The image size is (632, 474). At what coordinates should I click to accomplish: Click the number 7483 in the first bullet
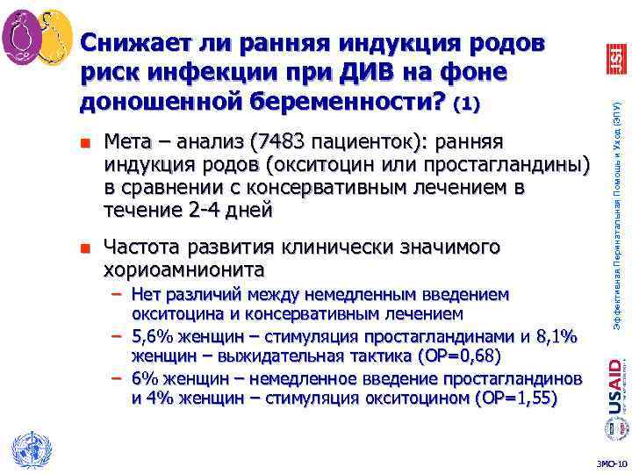[x=276, y=140]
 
